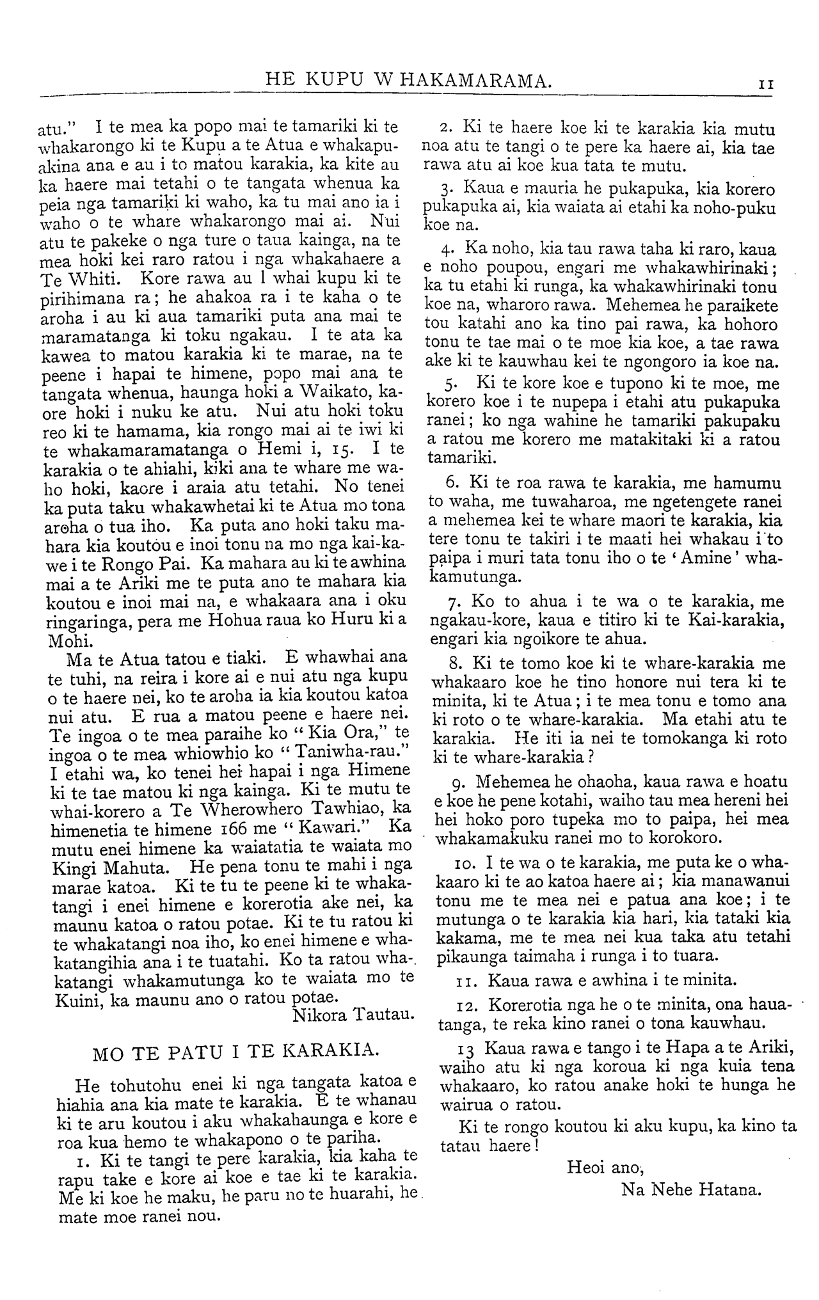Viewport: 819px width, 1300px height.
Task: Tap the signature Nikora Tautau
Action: coord(354,1014)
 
